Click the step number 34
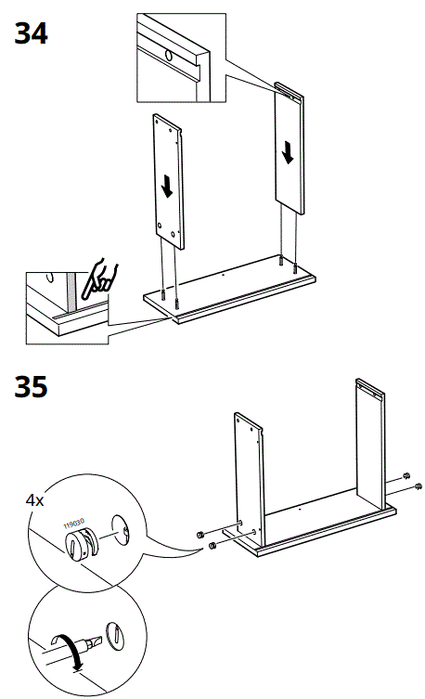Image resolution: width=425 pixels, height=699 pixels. coord(31,34)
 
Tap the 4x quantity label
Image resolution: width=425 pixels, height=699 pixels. coord(35,499)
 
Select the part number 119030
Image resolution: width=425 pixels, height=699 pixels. coord(74,525)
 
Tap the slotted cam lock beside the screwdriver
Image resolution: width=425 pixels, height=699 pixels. coord(115,636)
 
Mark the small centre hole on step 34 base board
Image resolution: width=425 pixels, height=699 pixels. coord(225,275)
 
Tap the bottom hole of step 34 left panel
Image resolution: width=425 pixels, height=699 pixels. coord(161,227)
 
